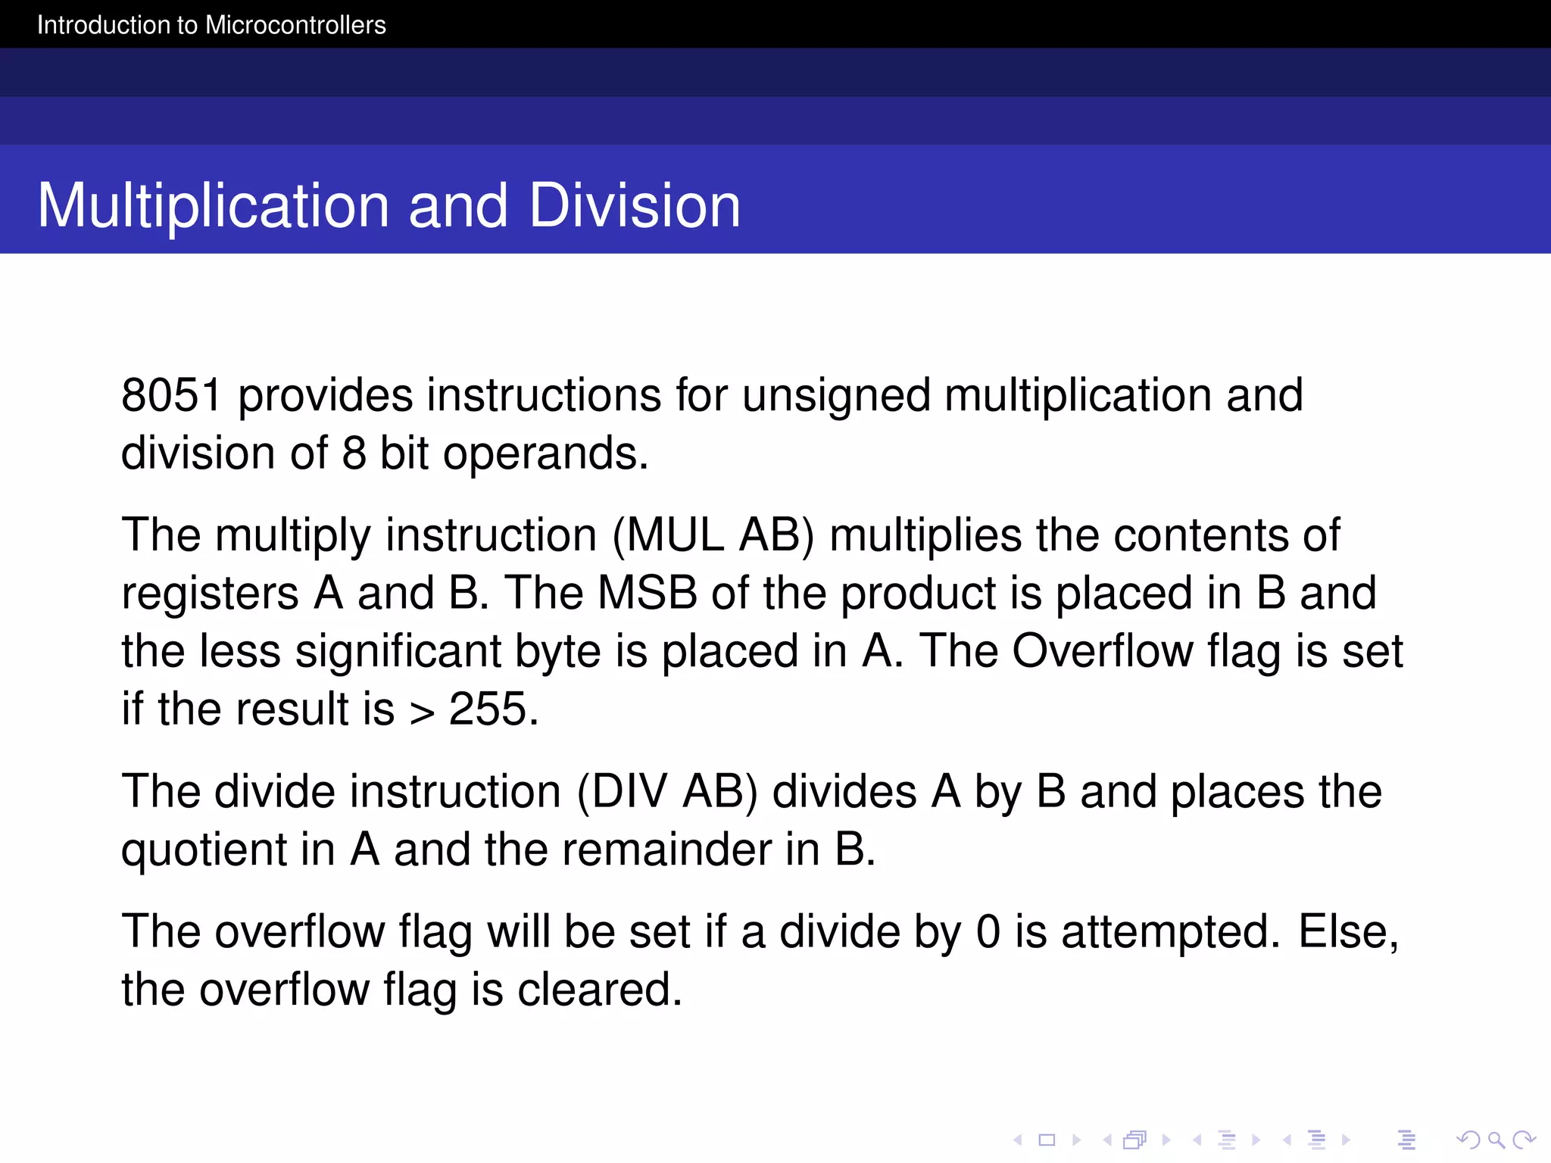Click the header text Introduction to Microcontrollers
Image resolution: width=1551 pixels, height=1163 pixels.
coord(211,25)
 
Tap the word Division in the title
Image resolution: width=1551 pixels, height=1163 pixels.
coord(635,206)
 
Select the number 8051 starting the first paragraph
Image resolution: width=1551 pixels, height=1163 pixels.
coord(172,395)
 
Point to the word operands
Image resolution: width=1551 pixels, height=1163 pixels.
coord(545,455)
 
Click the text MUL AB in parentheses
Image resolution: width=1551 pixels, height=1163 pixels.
coord(713,535)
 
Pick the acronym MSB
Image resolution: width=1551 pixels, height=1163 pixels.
coord(647,593)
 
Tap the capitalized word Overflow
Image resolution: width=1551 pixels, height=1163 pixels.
coord(1103,651)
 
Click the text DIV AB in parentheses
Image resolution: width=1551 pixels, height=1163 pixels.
coord(667,792)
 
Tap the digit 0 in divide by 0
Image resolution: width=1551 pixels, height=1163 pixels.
coord(988,932)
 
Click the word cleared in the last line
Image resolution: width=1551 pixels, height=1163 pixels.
coord(600,990)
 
